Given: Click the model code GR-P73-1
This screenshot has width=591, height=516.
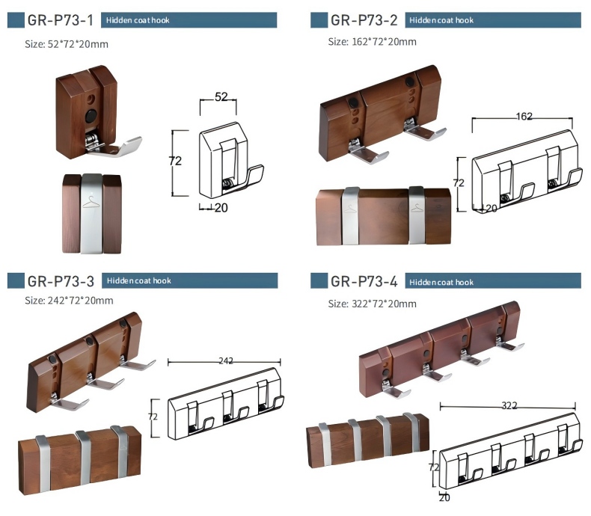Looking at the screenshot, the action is pos(61,20).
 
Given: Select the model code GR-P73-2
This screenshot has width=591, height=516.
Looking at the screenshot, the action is pos(364,20).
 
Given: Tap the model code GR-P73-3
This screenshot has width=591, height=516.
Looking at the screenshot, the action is pos(61,281).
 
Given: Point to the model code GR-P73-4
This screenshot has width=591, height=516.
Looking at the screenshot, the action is pos(364,281).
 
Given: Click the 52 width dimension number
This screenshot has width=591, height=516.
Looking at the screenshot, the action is pos(221,97).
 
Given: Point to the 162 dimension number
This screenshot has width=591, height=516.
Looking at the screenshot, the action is pos(524,117).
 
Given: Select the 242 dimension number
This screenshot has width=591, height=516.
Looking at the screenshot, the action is pos(226,360).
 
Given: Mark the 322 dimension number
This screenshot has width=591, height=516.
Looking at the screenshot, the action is pos(509,405).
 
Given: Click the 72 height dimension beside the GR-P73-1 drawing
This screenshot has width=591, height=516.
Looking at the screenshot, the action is pos(175,162).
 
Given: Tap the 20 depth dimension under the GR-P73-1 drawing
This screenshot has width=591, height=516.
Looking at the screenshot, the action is pos(221,208).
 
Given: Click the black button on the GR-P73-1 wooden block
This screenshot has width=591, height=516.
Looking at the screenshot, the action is pos(91,116).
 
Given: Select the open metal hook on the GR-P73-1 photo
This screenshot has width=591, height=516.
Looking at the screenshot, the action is pos(113,146).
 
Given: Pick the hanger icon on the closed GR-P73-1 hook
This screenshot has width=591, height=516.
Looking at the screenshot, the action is pos(91,202).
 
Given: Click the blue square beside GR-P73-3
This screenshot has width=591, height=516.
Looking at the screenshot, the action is pos(16,281).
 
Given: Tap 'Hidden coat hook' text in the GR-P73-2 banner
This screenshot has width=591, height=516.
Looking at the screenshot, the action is pos(441,20).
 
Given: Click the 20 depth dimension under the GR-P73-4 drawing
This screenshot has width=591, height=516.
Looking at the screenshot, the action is pos(445,498).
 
